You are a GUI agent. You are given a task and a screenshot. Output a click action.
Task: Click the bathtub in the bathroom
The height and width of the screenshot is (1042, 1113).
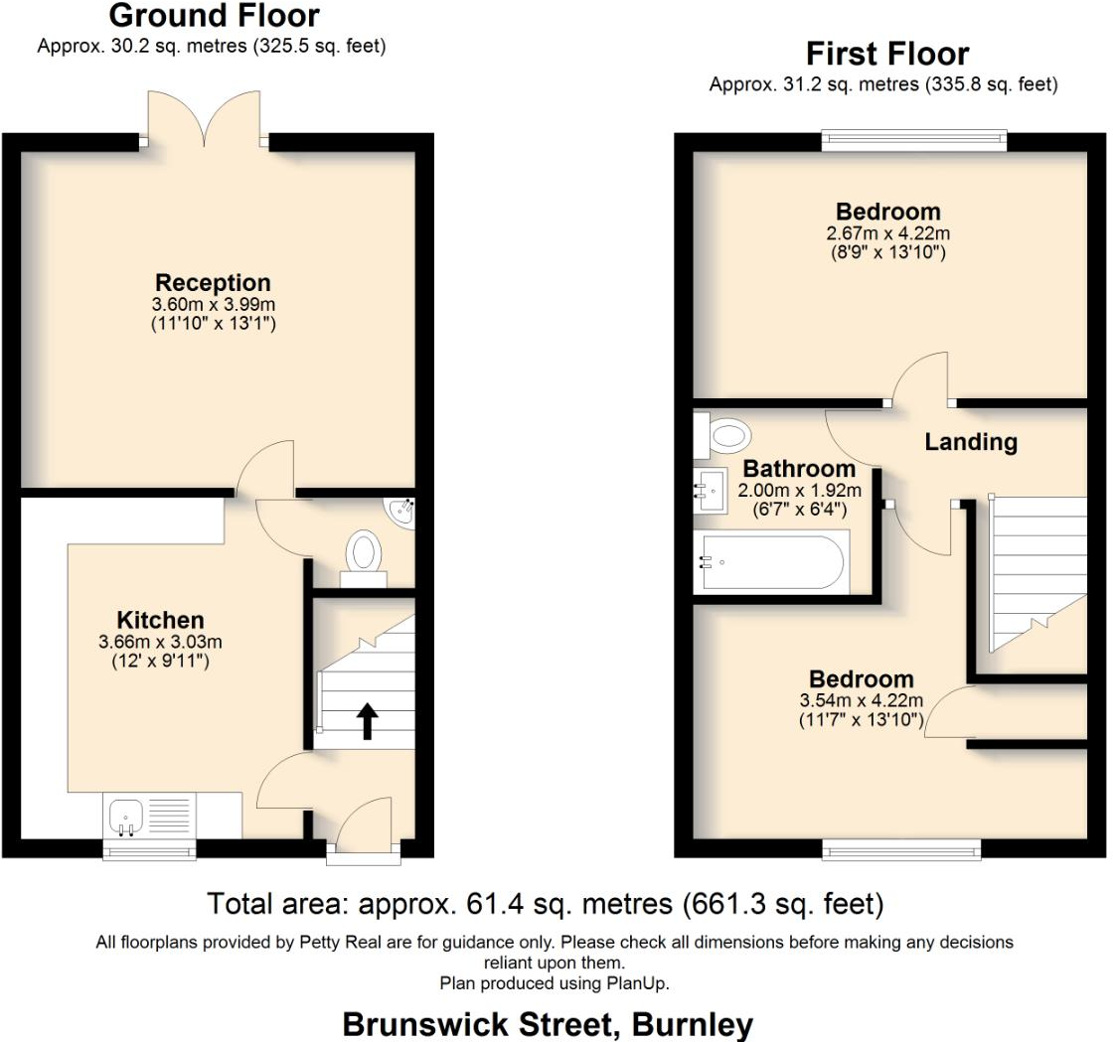coord(772,561)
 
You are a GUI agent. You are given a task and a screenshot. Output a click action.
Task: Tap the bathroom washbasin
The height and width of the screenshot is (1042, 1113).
coord(712,490)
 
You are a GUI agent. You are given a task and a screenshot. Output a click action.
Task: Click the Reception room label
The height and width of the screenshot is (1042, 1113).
coord(213,283)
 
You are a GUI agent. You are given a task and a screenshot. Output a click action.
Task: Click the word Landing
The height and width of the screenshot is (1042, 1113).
coord(971,442)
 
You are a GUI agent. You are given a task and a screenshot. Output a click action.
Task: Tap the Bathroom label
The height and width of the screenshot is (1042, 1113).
coord(799,469)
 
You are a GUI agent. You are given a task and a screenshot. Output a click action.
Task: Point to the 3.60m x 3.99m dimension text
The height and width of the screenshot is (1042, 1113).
coord(213,304)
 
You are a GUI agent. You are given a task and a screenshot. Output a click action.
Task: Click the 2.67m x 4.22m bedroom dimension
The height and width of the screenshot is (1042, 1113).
coord(887,233)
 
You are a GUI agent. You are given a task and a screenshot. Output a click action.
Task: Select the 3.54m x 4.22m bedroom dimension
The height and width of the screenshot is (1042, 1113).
coord(861,700)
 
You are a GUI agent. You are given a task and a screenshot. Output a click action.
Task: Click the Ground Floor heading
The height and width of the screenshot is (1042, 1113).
coord(214,16)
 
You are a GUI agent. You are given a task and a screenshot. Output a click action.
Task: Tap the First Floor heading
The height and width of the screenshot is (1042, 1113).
coord(886,53)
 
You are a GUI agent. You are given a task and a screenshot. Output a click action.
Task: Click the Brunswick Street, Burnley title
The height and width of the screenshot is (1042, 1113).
coord(548,1024)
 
